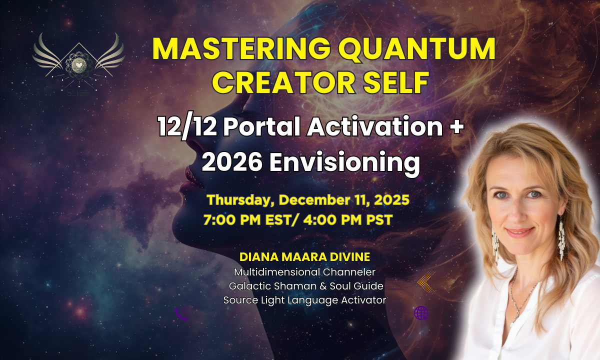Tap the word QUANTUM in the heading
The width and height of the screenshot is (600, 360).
click(417, 49)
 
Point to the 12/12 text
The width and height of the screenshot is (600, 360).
click(187, 127)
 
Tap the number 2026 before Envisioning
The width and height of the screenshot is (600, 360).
click(232, 161)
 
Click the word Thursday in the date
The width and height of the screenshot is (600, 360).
click(241, 200)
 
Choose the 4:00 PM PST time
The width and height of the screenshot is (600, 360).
click(348, 220)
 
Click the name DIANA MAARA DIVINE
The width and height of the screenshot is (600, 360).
click(305, 257)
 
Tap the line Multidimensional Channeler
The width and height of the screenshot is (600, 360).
click(305, 272)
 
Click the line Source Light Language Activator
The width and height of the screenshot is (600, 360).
click(305, 300)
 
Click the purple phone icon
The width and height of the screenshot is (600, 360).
click(182, 313)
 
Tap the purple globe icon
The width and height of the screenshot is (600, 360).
click(421, 313)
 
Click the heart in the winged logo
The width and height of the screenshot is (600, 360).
click(79, 65)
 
